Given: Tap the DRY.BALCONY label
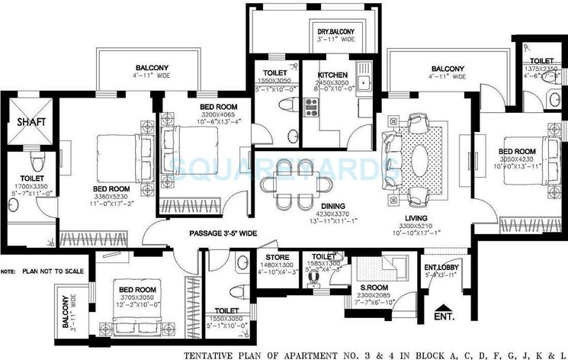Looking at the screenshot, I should coord(335,31).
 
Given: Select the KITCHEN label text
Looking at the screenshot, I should coord(332,74).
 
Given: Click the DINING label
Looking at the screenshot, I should coord(291,216).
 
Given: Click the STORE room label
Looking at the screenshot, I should coord(277,257).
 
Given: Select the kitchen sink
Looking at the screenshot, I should coord(364,81).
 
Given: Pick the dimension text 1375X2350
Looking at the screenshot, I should coord(542,68).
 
